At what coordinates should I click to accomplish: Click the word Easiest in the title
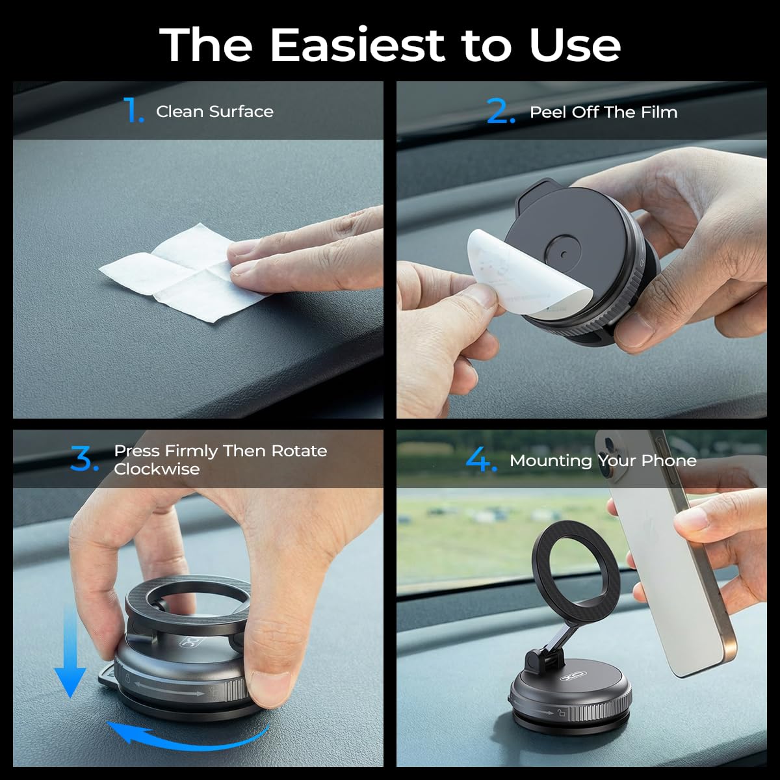357,45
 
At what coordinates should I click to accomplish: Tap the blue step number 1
133,109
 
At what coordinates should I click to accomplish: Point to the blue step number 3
84,459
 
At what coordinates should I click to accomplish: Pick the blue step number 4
481,460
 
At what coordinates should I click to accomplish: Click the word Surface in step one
241,112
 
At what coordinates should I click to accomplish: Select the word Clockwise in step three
157,469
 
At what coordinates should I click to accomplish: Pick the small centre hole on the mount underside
564,255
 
